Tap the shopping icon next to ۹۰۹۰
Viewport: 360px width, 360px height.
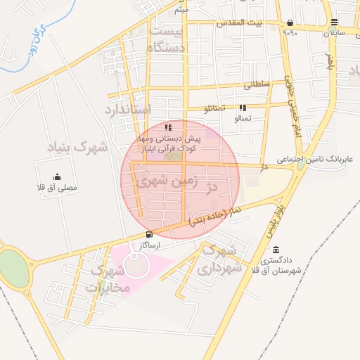290,22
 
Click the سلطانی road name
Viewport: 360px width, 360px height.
257,84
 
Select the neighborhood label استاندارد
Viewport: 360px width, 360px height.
128,110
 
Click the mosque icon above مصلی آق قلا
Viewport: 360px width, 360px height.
57,177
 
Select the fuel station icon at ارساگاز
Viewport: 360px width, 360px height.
148,235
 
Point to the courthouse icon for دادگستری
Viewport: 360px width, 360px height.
275,250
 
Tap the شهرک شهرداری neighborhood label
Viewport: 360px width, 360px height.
220,259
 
